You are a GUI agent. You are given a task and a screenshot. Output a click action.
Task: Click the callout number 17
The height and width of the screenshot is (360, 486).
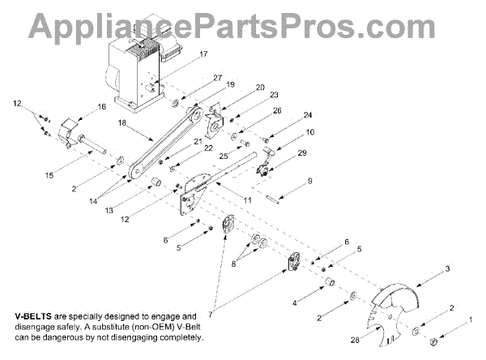pos(203,55)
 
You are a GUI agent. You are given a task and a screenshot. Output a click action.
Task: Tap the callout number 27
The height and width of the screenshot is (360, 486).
pos(217,78)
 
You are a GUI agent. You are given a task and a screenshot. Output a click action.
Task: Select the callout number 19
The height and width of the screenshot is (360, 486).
pos(230,84)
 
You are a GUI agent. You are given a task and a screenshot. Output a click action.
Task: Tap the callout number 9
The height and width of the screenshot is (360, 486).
pos(308,182)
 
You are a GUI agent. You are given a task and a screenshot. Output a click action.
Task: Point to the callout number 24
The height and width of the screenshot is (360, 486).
pos(308,114)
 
